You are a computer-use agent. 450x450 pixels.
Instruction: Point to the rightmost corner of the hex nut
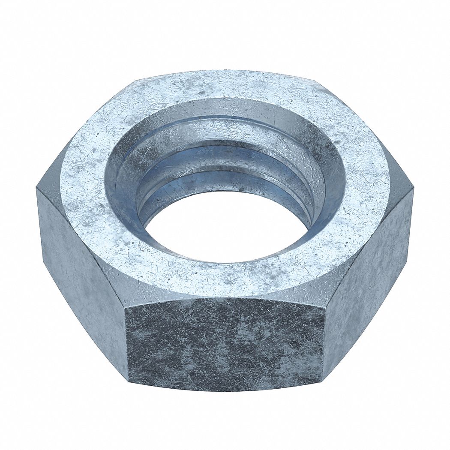(x=414, y=189)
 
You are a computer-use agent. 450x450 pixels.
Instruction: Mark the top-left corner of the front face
(x=124, y=306)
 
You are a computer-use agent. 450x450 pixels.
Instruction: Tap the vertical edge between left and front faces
(x=127, y=343)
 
